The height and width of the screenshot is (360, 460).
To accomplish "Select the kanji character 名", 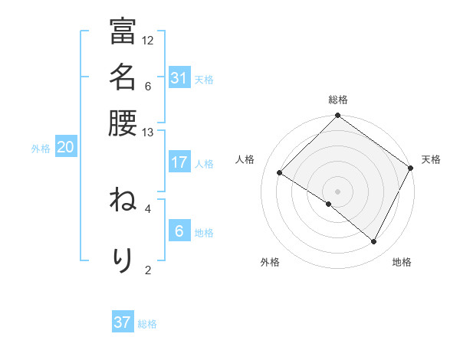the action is (123, 77).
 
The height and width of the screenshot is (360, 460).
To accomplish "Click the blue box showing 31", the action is (179, 78).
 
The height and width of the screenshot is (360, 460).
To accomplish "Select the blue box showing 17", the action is (179, 162).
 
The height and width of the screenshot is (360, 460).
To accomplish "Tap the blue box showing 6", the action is (179, 231).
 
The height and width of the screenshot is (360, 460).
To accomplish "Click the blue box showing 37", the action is (123, 322).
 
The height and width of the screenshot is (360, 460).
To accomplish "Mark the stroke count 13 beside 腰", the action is (148, 133).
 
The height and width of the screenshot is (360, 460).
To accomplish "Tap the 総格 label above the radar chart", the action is (338, 100).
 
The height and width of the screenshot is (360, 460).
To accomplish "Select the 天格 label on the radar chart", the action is (431, 159).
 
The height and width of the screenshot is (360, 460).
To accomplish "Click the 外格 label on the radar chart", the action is (270, 263).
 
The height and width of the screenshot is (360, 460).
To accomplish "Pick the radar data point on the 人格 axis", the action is (280, 173).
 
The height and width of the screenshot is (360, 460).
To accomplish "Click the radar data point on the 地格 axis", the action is (374, 242).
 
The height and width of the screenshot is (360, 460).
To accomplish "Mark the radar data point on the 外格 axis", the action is (329, 204).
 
